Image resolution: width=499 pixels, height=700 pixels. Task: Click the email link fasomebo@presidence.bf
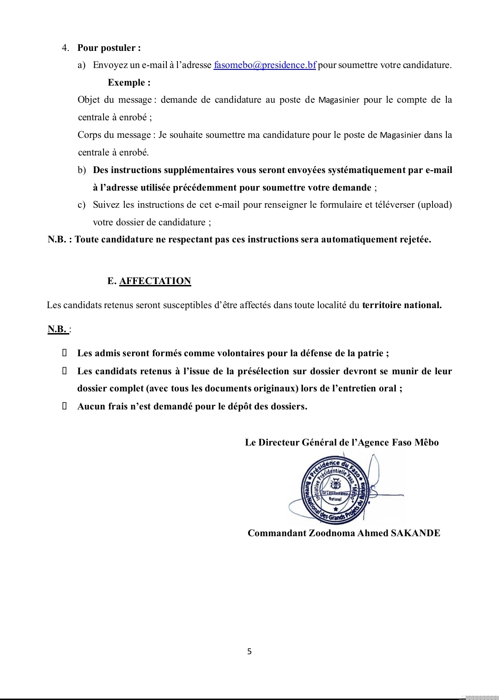(265, 65)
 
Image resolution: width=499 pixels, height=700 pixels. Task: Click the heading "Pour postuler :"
(109, 48)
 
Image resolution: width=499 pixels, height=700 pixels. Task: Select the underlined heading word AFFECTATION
(155, 281)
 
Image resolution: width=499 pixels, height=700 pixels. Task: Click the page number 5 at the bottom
(249, 651)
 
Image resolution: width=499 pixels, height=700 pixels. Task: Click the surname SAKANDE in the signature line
(415, 533)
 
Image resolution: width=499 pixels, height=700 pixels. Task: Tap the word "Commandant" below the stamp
(277, 533)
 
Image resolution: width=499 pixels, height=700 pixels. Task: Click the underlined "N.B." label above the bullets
(57, 329)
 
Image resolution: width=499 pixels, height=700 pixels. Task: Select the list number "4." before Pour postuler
(66, 48)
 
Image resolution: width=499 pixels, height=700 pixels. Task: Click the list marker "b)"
(82, 170)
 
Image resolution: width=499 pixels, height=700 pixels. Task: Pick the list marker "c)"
(81, 205)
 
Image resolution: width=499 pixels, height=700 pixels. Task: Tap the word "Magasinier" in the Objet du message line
(339, 100)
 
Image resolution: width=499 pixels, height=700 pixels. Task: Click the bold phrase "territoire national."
(402, 305)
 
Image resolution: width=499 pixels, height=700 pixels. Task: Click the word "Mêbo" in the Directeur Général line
(426, 443)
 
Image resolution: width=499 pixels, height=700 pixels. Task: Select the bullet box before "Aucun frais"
(65, 406)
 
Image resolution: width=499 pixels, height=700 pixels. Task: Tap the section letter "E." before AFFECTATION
(112, 281)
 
